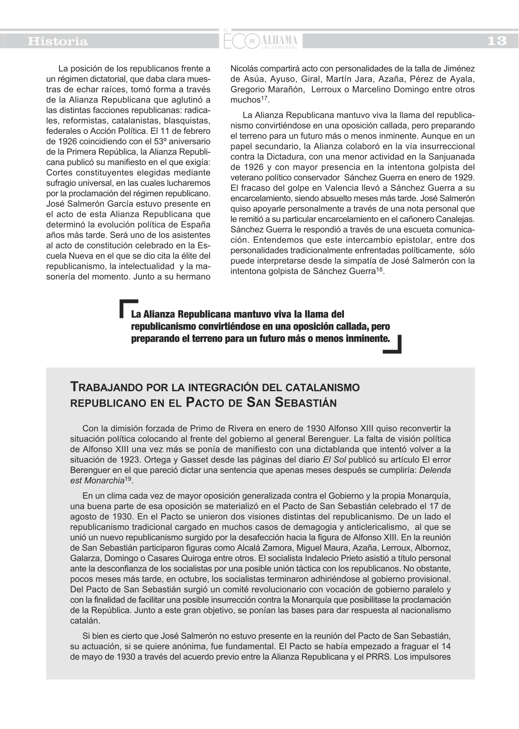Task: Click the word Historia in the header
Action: [x=58, y=41]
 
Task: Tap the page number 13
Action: [x=497, y=41]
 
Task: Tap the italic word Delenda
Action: [x=435, y=470]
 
